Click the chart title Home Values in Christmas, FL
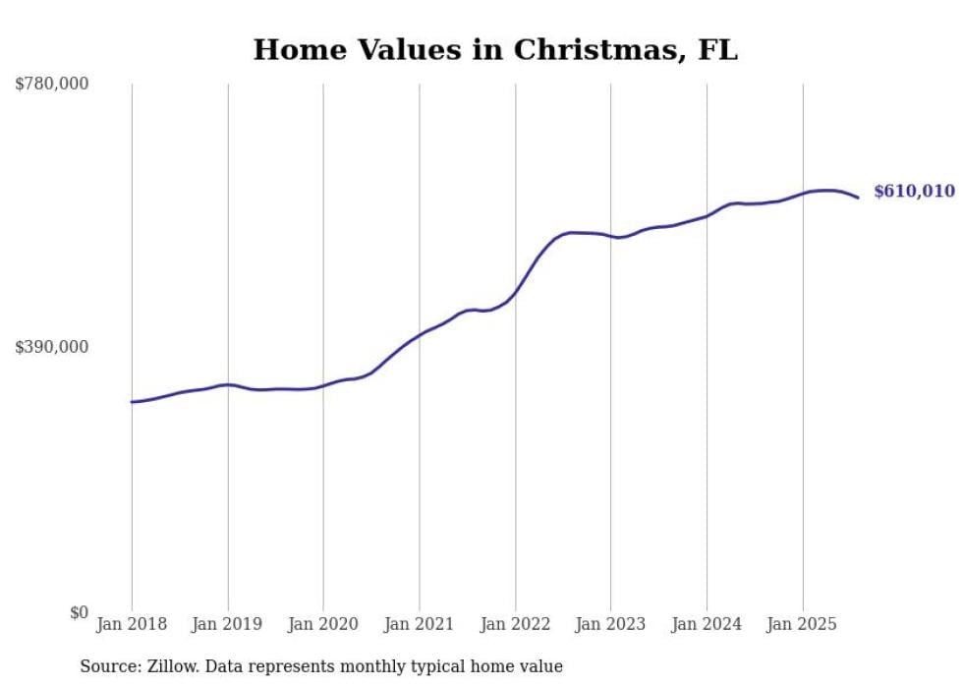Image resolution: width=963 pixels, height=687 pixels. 495,49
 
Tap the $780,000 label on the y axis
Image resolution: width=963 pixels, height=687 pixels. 52,85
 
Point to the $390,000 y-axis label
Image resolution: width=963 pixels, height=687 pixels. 52,347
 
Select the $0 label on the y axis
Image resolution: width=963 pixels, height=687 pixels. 78,612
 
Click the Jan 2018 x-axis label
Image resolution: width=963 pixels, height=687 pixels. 132,624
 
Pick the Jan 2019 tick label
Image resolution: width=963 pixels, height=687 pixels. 228,624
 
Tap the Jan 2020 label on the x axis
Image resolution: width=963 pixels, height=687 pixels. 323,624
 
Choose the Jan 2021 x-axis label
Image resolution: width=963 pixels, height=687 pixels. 420,624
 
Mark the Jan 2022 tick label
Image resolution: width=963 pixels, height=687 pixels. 515,624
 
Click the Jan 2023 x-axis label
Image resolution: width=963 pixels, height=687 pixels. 610,624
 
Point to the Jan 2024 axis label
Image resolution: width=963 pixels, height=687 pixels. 707,624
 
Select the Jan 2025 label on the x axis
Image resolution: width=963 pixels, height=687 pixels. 803,624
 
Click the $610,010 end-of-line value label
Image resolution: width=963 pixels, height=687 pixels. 914,192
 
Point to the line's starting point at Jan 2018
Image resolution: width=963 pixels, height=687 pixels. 132,402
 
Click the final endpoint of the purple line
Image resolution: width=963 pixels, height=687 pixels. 858,198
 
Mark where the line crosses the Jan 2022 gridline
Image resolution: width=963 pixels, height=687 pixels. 515,292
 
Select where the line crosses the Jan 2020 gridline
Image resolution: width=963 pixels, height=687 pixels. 323,385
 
